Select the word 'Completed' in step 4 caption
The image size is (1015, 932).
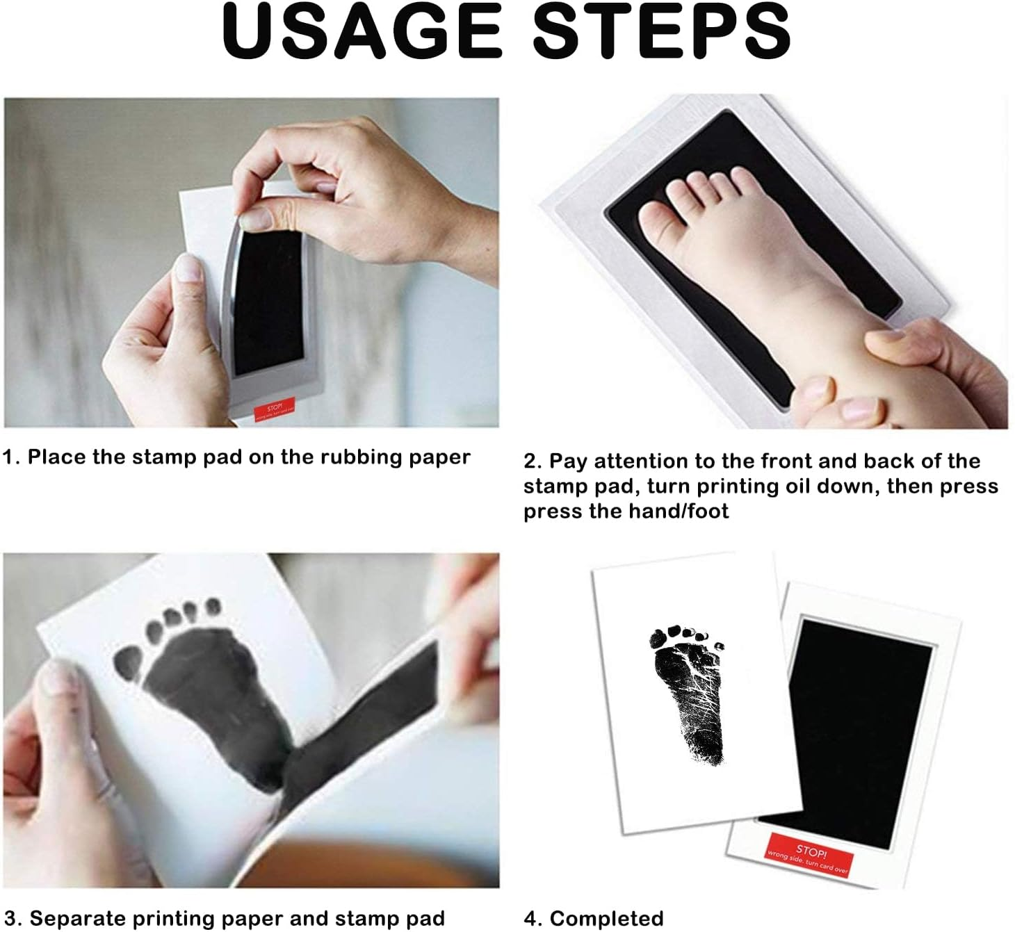tap(606, 919)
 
